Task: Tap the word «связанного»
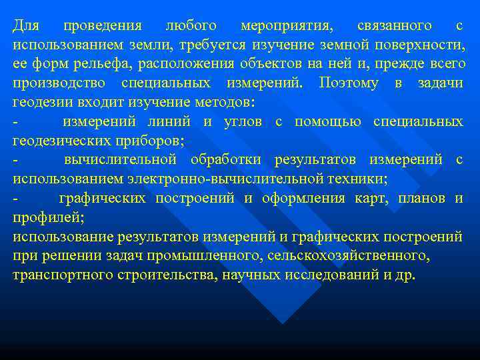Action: [x=394, y=27]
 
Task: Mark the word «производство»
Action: [x=61, y=84]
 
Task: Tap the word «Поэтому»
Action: [x=349, y=84]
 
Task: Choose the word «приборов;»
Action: [x=150, y=141]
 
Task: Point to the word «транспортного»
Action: [x=57, y=275]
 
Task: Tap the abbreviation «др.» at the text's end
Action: [x=405, y=275]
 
